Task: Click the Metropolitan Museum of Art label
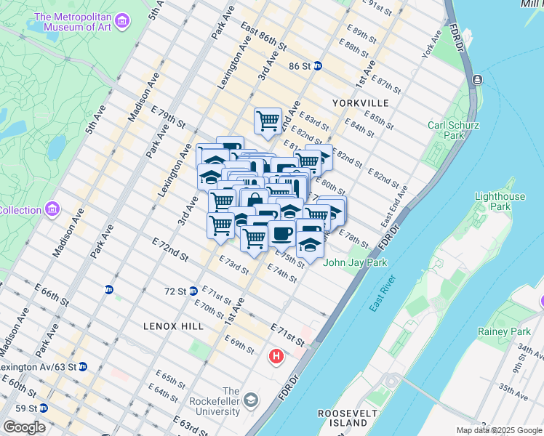[80, 22]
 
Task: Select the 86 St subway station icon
[318, 65]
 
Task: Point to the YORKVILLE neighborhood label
[360, 103]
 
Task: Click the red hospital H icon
[276, 357]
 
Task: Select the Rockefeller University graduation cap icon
[250, 400]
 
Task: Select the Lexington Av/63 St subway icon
[84, 367]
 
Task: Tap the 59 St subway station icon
[43, 408]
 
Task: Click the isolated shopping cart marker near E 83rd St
[268, 121]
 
